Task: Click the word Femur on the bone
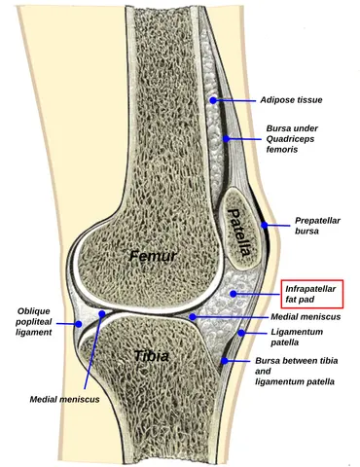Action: (153, 256)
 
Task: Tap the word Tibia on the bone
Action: (152, 356)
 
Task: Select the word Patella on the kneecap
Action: (239, 232)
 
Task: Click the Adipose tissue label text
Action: (291, 100)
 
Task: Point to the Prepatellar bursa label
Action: (317, 226)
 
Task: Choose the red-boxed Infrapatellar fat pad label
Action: (312, 294)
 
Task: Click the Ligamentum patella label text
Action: (297, 337)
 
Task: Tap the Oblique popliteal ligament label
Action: (34, 322)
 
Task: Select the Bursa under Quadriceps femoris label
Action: (292, 139)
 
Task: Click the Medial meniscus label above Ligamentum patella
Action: (306, 316)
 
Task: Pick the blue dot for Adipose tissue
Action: (213, 100)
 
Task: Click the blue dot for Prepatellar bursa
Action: (265, 225)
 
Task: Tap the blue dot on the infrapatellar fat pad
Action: (233, 294)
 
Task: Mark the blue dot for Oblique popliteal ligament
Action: (79, 323)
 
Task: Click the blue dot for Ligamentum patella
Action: (241, 333)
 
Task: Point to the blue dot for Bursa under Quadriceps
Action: (226, 139)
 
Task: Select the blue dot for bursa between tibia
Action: (225, 360)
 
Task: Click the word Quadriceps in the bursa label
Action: (290, 139)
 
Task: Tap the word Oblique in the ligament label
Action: (34, 311)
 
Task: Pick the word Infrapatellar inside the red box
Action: (310, 289)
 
